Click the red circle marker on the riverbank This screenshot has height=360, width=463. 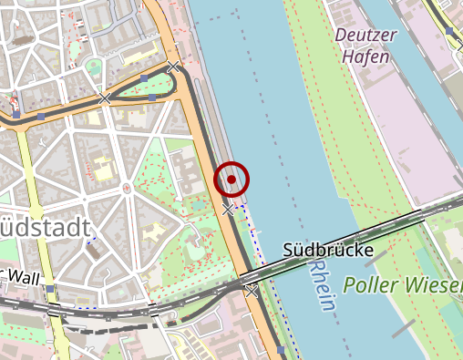tap(231, 179)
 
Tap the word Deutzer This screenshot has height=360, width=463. tap(367, 35)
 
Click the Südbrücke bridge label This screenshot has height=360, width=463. tap(328, 249)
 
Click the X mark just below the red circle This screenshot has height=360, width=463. tap(228, 211)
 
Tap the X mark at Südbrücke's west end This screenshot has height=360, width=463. tap(251, 291)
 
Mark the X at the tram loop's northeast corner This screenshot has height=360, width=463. tap(173, 67)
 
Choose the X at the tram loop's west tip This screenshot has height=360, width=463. tap(105, 98)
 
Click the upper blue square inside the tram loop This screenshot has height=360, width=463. tap(144, 77)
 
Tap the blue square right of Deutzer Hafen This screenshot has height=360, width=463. tap(449, 32)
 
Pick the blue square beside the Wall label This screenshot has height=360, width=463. tap(52, 289)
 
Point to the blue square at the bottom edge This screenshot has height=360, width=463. tap(281, 350)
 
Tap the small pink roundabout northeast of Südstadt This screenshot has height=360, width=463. tap(127, 188)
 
